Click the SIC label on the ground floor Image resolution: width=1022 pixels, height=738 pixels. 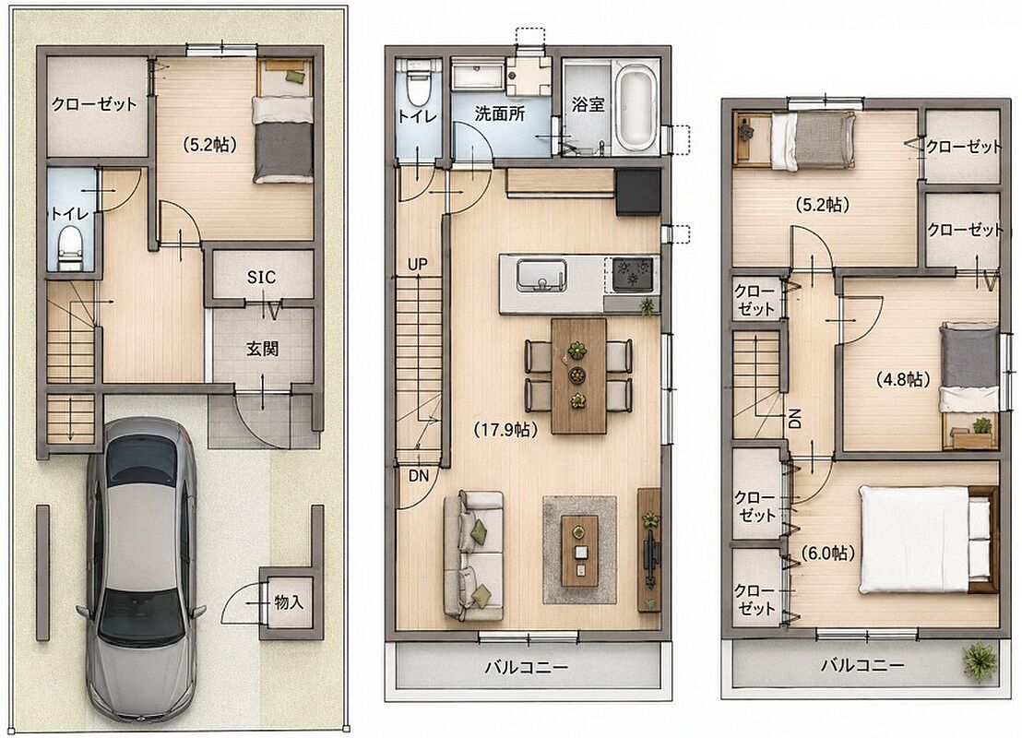coord(261,277)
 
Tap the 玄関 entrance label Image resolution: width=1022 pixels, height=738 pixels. coord(263,349)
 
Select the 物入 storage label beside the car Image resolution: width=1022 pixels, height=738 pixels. coord(289,601)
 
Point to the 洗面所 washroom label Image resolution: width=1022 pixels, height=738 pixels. coord(500,114)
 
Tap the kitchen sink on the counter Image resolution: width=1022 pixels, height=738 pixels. coord(541,276)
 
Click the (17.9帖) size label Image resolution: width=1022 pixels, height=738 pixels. coord(505,430)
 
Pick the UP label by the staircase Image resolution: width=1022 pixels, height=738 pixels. coord(418,264)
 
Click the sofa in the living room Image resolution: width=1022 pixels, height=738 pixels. coord(474,555)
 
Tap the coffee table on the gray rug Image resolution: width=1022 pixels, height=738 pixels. coord(579,551)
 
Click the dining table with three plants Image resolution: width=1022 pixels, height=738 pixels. coord(578,375)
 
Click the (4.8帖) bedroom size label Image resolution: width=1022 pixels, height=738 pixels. coord(902,379)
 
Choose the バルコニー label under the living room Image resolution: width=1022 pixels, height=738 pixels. coord(527,667)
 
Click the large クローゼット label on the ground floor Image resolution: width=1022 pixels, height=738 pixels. coord(94,104)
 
